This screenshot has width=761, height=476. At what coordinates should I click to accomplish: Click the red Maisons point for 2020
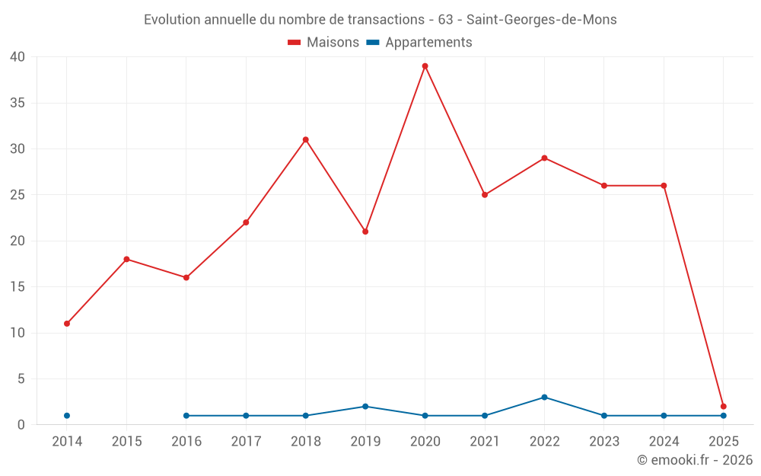425,66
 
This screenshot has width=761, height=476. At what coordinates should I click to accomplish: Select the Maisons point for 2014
67,324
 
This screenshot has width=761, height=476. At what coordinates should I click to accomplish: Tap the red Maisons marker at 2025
723,407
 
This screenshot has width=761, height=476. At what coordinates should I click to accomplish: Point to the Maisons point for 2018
305,139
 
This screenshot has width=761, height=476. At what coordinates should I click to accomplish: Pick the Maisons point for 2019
365,232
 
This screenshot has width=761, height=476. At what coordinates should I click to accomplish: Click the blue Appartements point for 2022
544,398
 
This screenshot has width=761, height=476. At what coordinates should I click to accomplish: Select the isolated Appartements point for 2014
67,416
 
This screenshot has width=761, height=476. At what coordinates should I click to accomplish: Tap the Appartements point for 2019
365,407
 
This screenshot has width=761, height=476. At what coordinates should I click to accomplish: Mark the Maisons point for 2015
126,259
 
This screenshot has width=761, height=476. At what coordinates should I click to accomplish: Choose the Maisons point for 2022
544,158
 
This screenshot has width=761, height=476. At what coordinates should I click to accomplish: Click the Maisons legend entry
323,43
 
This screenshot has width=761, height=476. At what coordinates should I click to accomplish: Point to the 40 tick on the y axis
18,57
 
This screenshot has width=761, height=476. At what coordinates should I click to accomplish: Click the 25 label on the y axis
18,195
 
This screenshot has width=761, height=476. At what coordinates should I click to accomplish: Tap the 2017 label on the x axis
246,441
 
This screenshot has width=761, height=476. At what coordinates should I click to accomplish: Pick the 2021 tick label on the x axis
485,441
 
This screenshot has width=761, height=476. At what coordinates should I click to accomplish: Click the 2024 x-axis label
664,441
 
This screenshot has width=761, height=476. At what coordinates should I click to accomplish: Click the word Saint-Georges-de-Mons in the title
541,20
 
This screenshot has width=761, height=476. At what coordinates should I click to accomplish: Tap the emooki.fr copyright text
695,460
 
